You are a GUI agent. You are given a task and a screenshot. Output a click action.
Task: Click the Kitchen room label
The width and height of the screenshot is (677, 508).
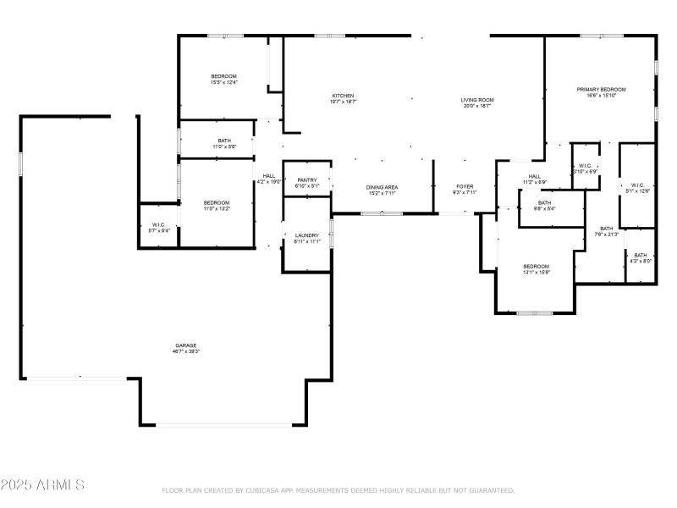[x=343, y=98]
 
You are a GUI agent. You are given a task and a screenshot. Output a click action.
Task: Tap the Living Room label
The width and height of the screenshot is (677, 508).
[x=477, y=102]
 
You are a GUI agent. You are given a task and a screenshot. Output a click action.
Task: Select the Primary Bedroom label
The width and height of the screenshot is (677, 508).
[x=601, y=92]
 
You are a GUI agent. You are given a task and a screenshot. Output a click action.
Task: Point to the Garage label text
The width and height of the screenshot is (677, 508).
[x=186, y=347]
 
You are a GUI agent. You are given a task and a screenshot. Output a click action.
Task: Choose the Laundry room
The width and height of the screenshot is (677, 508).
[x=305, y=238]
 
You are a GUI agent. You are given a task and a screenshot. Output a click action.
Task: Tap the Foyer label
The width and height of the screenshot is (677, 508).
[x=465, y=189]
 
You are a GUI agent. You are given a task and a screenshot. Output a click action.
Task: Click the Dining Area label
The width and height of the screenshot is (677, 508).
[x=382, y=190]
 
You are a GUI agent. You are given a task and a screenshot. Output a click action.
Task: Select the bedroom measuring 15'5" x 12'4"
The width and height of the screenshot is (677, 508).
[x=223, y=80]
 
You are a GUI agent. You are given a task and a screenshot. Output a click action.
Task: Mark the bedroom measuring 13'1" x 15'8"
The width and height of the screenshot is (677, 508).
[x=537, y=269]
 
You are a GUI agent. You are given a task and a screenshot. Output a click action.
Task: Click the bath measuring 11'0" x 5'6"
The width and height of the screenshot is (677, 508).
[x=223, y=143]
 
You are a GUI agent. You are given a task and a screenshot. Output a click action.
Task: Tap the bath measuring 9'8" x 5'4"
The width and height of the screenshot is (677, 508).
[x=544, y=205]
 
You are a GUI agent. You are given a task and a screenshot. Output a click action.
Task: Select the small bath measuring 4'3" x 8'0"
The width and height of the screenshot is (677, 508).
[x=640, y=258]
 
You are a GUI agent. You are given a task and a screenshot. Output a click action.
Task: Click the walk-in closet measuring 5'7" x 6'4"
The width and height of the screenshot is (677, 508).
[x=159, y=227]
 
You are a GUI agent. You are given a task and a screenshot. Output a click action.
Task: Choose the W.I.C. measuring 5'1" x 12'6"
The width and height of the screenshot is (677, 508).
[x=637, y=188]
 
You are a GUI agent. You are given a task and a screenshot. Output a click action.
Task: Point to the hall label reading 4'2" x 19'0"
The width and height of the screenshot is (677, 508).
[x=268, y=178]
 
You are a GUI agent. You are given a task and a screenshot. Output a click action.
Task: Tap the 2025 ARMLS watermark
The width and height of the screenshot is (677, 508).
[x=42, y=485]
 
